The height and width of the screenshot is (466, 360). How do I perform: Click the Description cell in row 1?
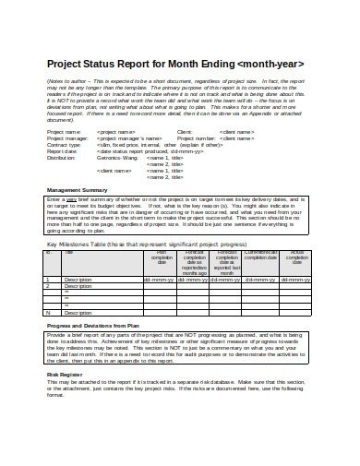78,278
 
